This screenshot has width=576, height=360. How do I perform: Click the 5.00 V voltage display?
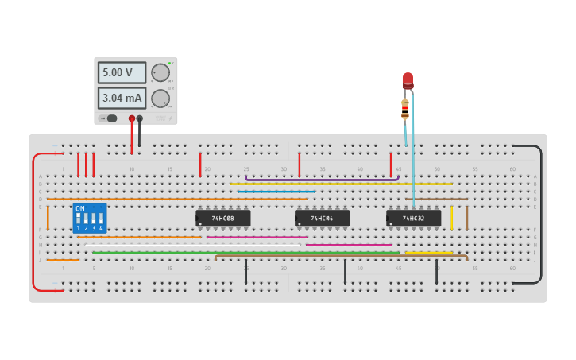pos(122,72)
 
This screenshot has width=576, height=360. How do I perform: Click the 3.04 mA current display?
pos(122,98)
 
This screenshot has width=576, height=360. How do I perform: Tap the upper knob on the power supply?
pos(160,72)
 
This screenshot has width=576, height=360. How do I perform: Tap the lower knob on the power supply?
pos(160,99)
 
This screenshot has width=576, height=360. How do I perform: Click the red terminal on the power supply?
pos(132,118)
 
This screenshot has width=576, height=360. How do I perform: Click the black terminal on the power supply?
pos(140,118)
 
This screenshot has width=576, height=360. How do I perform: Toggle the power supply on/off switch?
pos(109,118)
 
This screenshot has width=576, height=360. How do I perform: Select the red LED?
pos(408,80)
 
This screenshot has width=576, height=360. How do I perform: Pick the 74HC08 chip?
pos(223,218)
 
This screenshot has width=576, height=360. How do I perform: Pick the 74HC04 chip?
pos(322,218)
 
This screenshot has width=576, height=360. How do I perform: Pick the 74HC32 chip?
pos(413,218)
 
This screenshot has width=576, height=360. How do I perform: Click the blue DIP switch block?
pos(89,218)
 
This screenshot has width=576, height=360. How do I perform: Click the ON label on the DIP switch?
pos(80,208)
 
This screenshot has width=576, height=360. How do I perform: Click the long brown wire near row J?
pos(342,256)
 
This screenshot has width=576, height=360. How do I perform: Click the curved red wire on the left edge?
pos(33,223)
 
